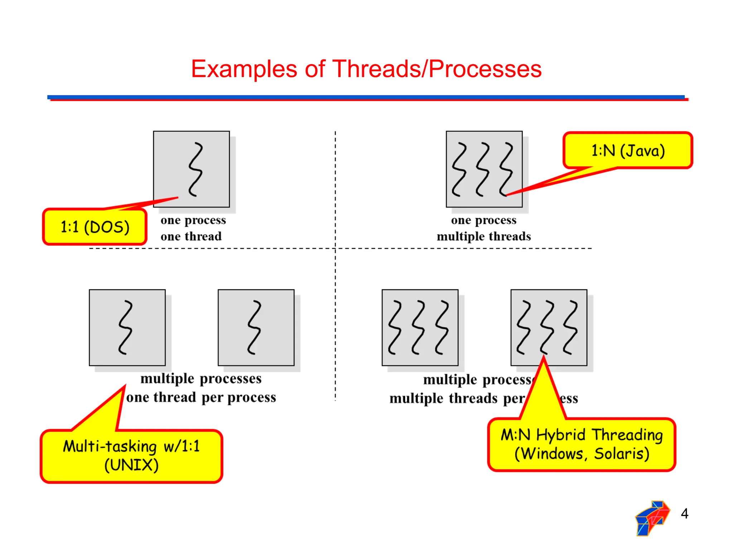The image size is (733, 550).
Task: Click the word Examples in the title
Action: point(244,69)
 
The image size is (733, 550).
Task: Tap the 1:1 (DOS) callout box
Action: point(95,227)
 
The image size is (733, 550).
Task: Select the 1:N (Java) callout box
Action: point(628,150)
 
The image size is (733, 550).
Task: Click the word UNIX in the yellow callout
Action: point(131,465)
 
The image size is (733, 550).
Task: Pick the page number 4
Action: point(684,513)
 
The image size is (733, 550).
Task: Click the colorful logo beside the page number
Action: point(652,518)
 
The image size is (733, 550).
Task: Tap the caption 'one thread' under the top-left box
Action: point(191,236)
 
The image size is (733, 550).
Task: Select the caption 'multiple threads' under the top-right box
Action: point(484,236)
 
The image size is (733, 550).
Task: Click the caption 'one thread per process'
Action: point(201,397)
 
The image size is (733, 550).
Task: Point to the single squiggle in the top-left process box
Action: point(195,169)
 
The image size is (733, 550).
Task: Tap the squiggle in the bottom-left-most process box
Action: point(126,328)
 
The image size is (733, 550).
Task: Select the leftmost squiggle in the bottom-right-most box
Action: point(524,328)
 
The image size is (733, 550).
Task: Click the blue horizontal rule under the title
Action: point(365,97)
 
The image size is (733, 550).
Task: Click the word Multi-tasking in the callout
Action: point(110,447)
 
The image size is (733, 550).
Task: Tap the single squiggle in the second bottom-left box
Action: point(254,328)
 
